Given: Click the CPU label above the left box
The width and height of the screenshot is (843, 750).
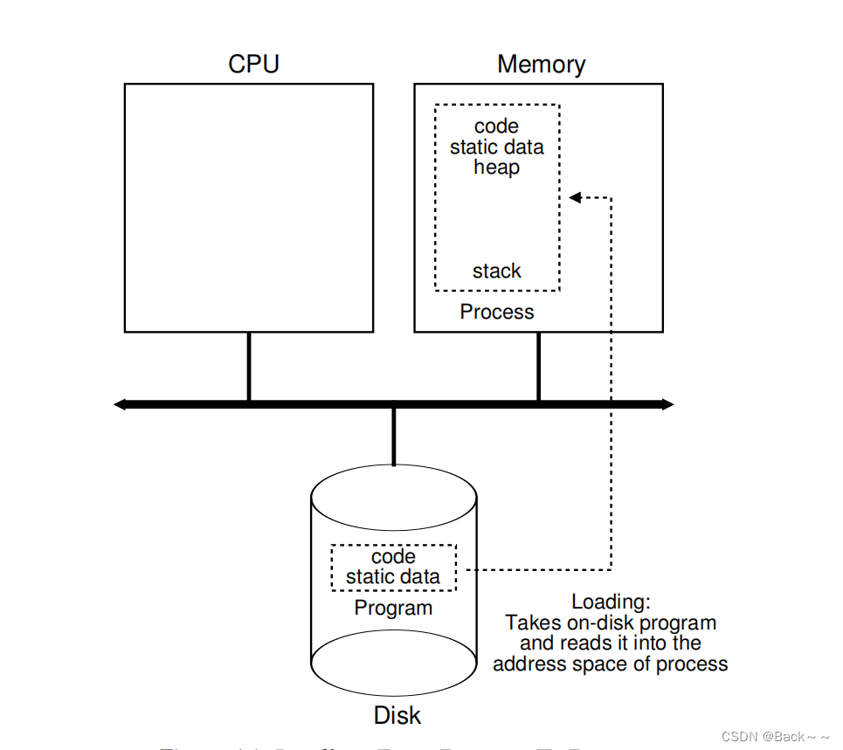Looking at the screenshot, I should [253, 65].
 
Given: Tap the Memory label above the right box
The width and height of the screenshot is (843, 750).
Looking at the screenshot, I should [541, 65].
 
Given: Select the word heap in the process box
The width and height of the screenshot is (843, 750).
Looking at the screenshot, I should [496, 167].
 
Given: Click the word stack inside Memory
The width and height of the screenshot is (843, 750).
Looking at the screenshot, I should [496, 271].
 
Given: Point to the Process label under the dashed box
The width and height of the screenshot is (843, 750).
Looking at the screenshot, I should [496, 312].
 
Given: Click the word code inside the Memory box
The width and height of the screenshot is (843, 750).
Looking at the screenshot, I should [496, 127].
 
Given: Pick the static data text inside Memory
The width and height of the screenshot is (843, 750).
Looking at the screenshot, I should [496, 147].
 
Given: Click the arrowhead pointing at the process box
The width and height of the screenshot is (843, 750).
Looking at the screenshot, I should [575, 198].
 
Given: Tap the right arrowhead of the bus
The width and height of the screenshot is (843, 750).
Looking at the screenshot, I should [667, 404].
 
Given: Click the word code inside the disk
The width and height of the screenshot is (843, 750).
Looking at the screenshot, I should [393, 557].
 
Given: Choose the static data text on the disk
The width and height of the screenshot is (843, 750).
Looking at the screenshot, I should [393, 576].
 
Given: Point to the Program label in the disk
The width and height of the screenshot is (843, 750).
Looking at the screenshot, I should [393, 608].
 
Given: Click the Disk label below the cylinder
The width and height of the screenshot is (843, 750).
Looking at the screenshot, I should [397, 716].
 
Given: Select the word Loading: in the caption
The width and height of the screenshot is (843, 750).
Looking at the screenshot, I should [611, 602].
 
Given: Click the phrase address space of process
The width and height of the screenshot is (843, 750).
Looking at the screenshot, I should [610, 664].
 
